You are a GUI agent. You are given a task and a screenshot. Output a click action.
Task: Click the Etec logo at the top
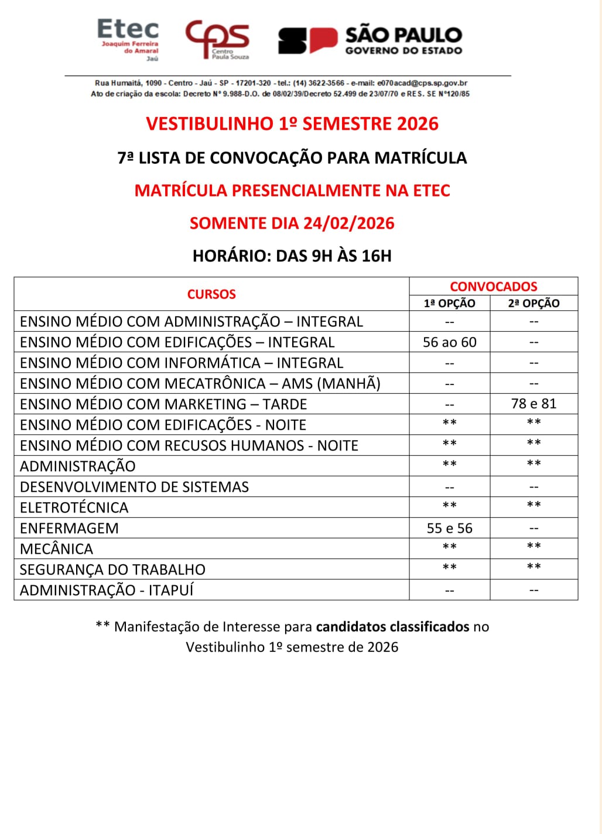(128, 39)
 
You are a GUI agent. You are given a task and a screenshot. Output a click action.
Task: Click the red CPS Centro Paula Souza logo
(217, 39)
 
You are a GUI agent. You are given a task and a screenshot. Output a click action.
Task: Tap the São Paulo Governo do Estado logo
(370, 40)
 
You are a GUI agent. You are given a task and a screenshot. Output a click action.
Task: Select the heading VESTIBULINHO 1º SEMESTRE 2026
(292, 124)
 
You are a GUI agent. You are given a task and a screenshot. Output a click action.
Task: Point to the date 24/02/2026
(349, 223)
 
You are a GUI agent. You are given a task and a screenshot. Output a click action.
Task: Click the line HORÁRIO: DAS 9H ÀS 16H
(292, 256)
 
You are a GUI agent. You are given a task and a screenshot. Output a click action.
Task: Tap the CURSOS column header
(211, 294)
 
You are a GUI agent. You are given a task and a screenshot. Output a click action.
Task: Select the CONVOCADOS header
(493, 286)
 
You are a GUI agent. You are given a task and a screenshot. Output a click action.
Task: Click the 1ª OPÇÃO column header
(449, 303)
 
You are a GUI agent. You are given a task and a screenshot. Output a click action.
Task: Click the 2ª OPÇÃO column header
(533, 303)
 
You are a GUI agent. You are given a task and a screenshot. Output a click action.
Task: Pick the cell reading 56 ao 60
(449, 342)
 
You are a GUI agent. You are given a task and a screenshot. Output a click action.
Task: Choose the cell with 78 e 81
(533, 404)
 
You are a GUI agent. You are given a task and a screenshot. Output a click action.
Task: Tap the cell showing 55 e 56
(449, 528)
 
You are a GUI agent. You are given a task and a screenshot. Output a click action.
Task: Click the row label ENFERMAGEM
(69, 528)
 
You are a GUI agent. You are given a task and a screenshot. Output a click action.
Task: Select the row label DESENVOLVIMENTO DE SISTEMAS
(134, 487)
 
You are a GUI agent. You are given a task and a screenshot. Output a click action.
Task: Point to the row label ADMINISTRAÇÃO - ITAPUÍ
(107, 590)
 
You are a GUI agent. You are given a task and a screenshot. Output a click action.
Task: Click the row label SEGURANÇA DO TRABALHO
(112, 569)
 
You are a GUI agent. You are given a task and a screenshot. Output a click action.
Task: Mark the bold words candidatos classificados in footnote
(392, 627)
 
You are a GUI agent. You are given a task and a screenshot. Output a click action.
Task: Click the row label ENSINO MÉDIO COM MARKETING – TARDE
(163, 404)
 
